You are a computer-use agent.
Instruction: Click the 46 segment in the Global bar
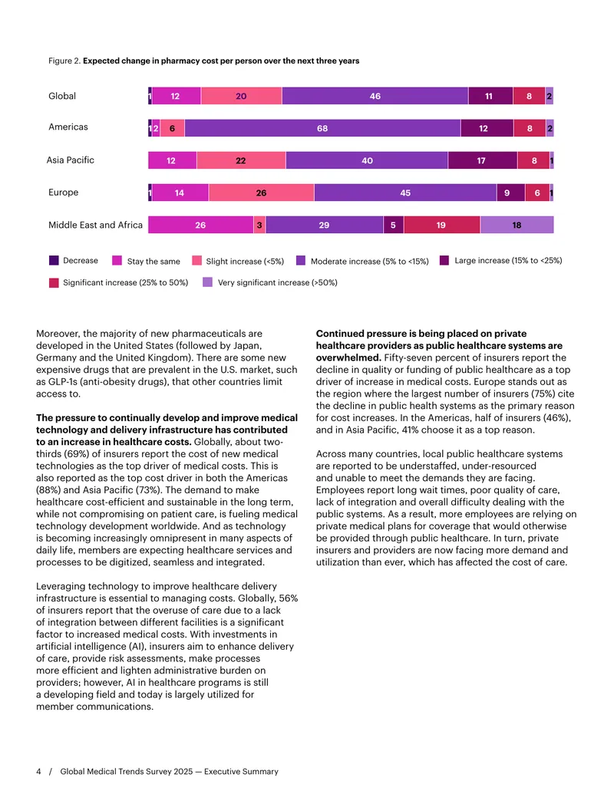click(x=375, y=96)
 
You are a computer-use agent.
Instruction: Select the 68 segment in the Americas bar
click(x=322, y=128)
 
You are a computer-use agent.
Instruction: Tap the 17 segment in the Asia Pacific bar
click(x=482, y=160)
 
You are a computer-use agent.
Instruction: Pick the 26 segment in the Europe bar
click(x=262, y=193)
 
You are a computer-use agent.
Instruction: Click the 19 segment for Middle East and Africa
click(x=442, y=225)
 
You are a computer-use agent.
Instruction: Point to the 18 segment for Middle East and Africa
click(x=517, y=225)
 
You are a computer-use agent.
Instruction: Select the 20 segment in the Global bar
click(x=241, y=96)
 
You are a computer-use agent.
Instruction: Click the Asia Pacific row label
click(x=71, y=160)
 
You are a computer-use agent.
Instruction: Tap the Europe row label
click(x=64, y=193)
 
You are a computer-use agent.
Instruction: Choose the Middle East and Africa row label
click(x=95, y=225)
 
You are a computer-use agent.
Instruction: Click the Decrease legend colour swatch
click(x=54, y=260)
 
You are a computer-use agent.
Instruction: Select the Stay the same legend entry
click(x=146, y=261)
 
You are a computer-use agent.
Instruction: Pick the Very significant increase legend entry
click(x=270, y=282)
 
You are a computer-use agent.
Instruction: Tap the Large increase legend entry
click(x=500, y=260)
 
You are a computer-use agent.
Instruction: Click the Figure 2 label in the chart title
click(x=64, y=61)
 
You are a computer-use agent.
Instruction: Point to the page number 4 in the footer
click(x=38, y=771)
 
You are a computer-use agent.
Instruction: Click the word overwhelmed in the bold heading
click(x=348, y=357)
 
